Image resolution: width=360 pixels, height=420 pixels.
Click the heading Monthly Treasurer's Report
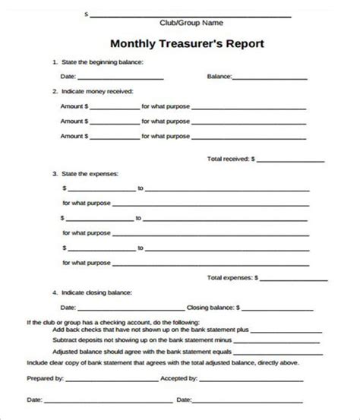(x=187, y=43)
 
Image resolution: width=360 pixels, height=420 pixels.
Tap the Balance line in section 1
(x=270, y=77)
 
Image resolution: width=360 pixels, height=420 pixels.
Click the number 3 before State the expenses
(x=54, y=174)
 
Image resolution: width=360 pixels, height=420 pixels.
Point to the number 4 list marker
(x=54, y=292)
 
